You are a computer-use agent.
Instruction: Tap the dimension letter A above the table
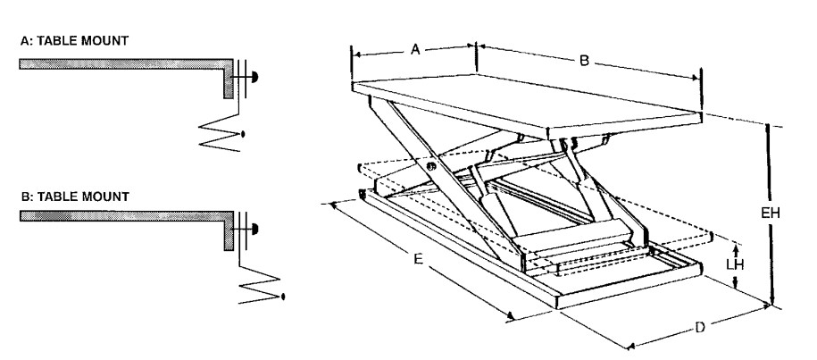[x=415, y=51]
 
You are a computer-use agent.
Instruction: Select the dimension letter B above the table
[x=583, y=61]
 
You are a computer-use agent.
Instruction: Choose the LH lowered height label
[x=734, y=264]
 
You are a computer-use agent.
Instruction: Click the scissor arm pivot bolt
[x=432, y=167]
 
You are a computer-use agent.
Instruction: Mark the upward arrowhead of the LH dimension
[x=735, y=246]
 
